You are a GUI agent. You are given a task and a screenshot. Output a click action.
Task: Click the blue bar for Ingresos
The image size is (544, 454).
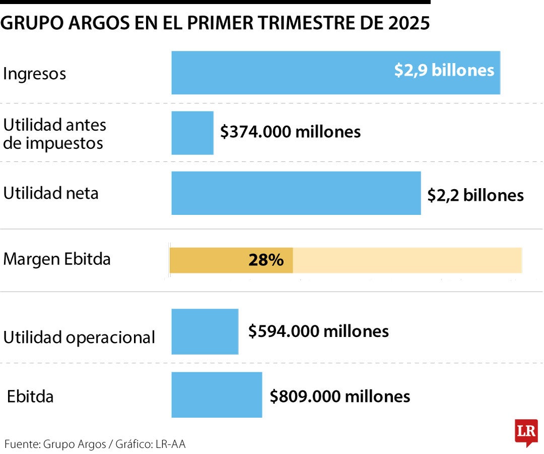tap(282, 73)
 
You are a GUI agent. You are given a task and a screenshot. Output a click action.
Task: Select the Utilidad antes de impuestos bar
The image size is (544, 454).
tap(192, 133)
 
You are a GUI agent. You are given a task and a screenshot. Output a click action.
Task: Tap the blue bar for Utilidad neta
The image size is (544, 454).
tap(296, 193)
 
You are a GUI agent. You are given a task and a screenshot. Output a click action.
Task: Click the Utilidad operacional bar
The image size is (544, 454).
tap(205, 331)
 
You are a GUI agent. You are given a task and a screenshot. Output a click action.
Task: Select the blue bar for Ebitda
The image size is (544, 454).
tap(217, 395)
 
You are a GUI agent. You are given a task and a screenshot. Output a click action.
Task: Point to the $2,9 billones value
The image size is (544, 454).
tap(444, 70)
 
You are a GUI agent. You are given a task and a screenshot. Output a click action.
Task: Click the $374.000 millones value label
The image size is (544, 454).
tap(291, 132)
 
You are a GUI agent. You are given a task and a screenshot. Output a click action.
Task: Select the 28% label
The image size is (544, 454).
tap(266, 260)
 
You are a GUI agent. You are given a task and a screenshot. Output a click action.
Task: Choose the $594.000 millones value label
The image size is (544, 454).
tap(318, 331)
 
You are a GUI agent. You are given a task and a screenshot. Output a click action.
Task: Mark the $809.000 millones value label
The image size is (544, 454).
tap(339, 396)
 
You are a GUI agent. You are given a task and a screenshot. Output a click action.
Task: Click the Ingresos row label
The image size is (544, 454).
tap(35, 74)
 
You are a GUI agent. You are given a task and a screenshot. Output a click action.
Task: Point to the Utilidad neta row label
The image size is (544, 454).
tap(51, 193)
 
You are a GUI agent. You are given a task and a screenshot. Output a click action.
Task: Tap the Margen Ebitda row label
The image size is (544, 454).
tap(57, 259)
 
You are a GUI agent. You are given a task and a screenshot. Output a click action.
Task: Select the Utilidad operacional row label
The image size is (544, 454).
tap(79, 337)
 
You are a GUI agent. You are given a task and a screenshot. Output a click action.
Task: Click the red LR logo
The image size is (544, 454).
tap(526, 432)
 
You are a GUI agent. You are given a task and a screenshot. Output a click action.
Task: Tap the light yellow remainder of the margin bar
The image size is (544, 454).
tap(407, 260)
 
